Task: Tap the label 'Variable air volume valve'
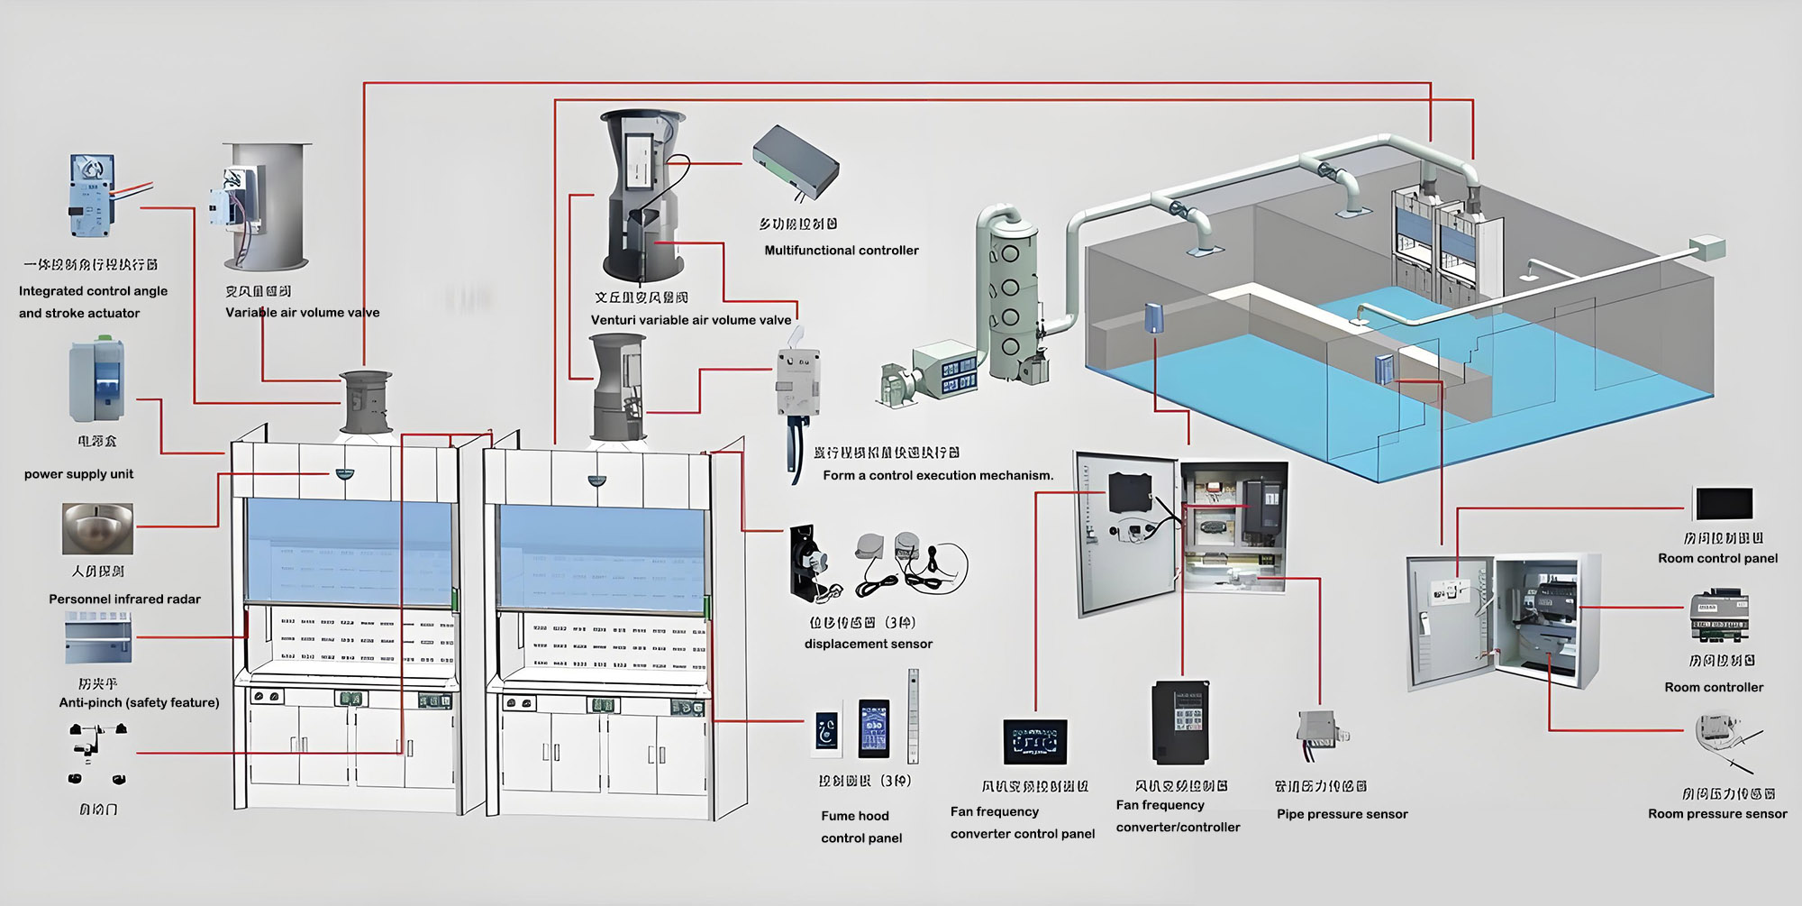click(302, 313)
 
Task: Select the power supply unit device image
click(96, 380)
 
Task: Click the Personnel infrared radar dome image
click(97, 528)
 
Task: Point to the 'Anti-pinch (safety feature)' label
click(139, 702)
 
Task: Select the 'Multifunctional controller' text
click(842, 251)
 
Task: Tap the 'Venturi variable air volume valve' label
click(690, 320)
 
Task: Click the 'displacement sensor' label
click(868, 644)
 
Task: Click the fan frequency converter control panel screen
click(1035, 741)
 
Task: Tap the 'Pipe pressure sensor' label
click(1342, 814)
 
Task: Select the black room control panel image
click(1724, 504)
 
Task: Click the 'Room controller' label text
click(1714, 687)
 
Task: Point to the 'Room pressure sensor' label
click(1717, 814)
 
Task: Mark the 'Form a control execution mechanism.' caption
click(938, 475)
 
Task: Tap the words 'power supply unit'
click(78, 474)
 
